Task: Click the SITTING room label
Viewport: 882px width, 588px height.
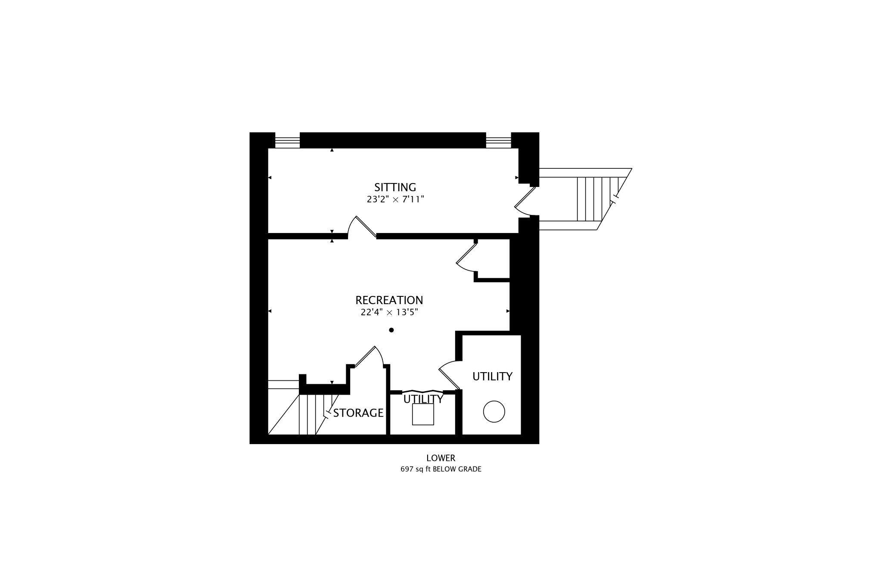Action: point(395,187)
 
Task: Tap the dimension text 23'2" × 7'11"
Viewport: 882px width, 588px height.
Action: point(395,199)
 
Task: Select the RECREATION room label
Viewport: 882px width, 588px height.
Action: point(389,300)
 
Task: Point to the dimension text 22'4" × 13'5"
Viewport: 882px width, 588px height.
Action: point(389,312)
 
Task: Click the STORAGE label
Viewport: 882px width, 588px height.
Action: point(358,413)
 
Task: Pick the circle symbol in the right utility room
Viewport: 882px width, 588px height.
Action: point(494,411)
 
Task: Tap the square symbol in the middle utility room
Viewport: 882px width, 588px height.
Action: point(423,414)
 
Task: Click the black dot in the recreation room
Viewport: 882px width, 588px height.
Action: point(391,330)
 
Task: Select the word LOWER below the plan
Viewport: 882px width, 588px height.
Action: point(441,458)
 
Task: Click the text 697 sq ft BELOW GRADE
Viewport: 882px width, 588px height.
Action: point(441,469)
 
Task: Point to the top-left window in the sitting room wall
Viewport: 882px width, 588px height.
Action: point(287,142)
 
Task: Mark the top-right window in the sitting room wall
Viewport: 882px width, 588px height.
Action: point(498,142)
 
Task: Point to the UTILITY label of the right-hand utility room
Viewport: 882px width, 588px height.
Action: point(492,376)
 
